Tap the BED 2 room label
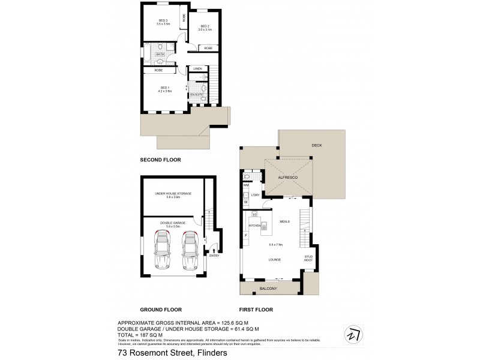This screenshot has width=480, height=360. coord(205,26)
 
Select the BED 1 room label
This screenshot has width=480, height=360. coord(165,88)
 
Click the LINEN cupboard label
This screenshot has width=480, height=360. coord(197,69)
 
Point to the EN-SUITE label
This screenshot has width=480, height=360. coord(196,95)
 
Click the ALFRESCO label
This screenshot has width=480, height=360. coord(289,178)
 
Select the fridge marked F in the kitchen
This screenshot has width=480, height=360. coord(246,235)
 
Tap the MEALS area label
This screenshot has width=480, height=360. coord(285,221)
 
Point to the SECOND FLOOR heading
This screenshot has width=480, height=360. coord(160,160)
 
